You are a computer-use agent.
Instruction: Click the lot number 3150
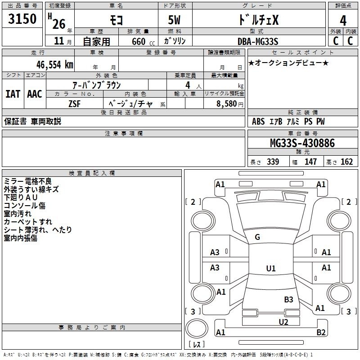click(x=22, y=18)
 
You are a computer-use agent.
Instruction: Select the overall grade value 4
click(x=343, y=20)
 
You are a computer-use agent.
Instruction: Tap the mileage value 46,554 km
click(x=54, y=65)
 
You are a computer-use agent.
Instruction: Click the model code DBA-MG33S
click(x=258, y=41)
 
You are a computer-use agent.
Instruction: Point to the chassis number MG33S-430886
click(x=302, y=143)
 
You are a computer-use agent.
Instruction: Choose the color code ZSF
click(x=75, y=104)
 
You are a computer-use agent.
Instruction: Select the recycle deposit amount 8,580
click(x=226, y=103)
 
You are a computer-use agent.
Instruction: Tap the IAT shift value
click(x=13, y=94)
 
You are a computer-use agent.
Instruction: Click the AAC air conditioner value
click(x=35, y=94)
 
